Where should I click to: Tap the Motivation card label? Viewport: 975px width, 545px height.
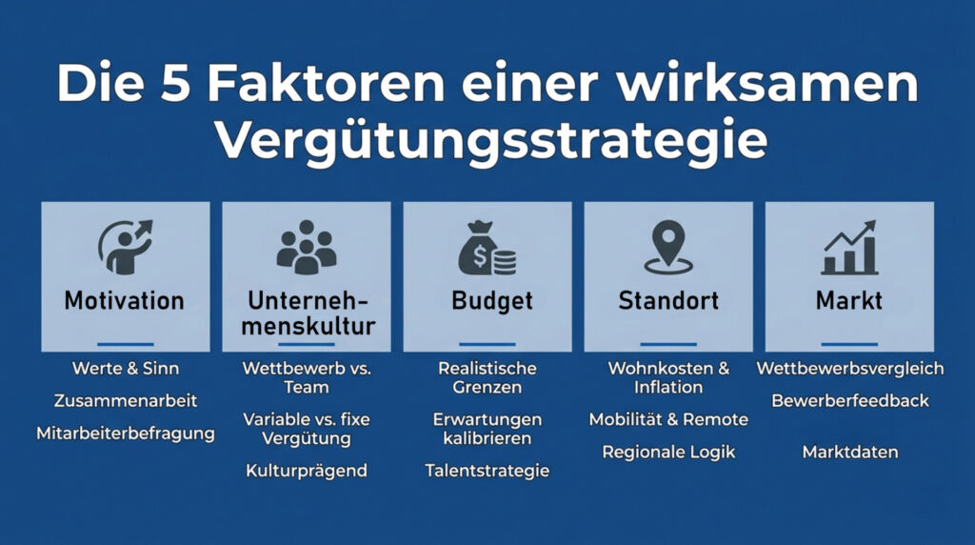pyautogui.click(x=125, y=301)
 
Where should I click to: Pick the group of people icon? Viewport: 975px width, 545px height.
pyautogui.click(x=307, y=247)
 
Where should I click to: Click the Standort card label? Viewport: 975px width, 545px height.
pyautogui.click(x=667, y=301)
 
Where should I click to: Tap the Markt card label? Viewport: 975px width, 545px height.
pyautogui.click(x=848, y=301)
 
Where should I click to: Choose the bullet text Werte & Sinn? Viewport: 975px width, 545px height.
pyautogui.click(x=125, y=368)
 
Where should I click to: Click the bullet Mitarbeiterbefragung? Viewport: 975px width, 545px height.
pyautogui.click(x=126, y=434)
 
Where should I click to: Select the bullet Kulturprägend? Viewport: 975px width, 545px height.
pyautogui.click(x=307, y=471)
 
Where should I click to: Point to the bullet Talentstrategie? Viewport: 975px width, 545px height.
pyautogui.click(x=487, y=471)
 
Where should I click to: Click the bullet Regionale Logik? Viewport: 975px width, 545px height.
pyautogui.click(x=668, y=452)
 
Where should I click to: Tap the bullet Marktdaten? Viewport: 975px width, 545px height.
pyautogui.click(x=850, y=452)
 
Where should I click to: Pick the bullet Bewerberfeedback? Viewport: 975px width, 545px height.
pyautogui.click(x=850, y=400)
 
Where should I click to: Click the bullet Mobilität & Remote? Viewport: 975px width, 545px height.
pyautogui.click(x=668, y=419)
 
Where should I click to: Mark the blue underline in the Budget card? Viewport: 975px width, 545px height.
pyautogui.click(x=487, y=344)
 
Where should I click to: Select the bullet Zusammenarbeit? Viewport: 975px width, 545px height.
pyautogui.click(x=126, y=401)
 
